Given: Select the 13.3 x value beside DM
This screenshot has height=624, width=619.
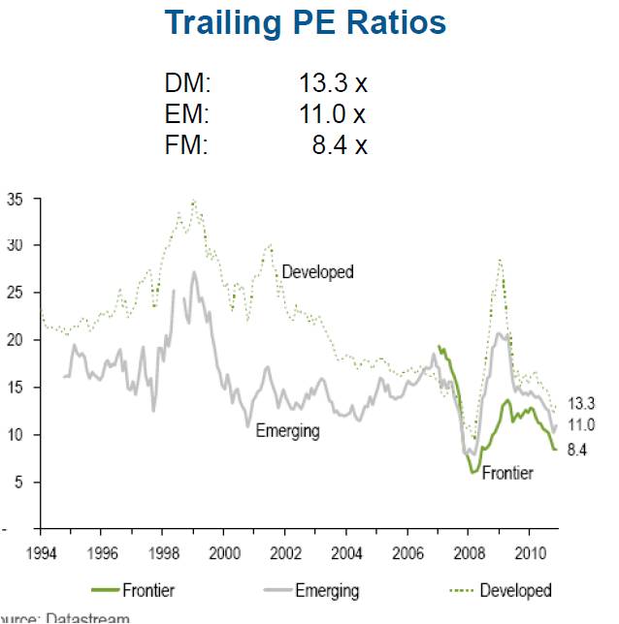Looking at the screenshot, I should (x=333, y=84).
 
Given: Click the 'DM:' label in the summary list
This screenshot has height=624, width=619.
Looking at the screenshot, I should (x=187, y=84).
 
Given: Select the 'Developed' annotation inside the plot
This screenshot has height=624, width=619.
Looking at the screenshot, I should (x=317, y=272).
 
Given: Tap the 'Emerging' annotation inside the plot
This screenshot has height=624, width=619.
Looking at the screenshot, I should (x=287, y=430).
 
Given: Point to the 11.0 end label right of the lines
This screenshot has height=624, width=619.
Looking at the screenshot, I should (x=580, y=424).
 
